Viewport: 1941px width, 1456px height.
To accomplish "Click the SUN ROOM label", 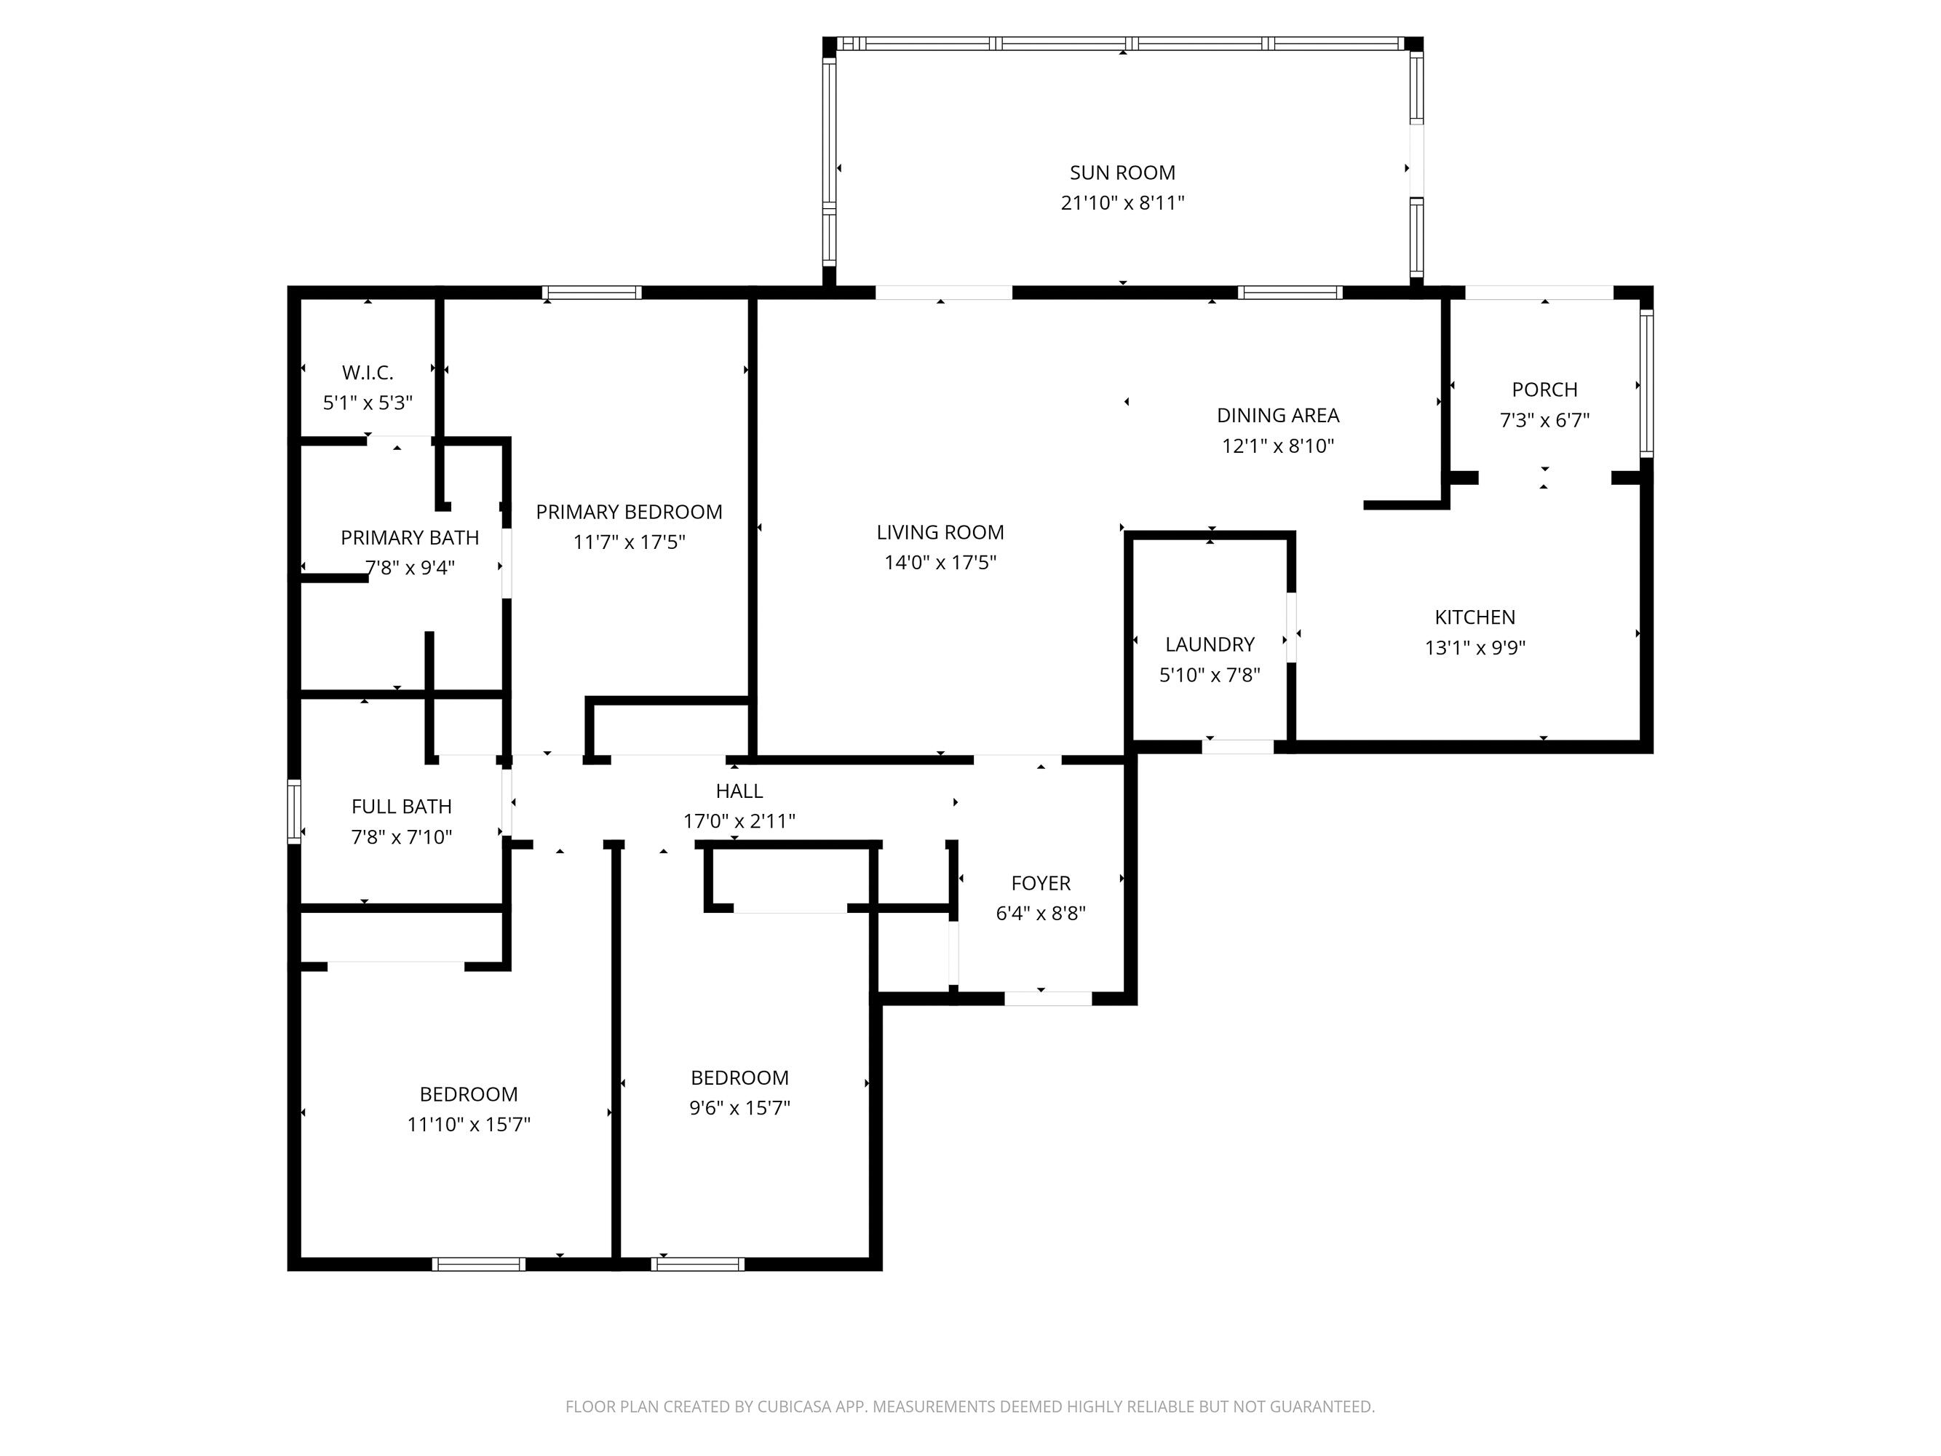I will pyautogui.click(x=1122, y=173).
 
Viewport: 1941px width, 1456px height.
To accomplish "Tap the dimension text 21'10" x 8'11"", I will pyautogui.click(x=1122, y=202).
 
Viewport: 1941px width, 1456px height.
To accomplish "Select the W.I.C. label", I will pyautogui.click(x=367, y=372).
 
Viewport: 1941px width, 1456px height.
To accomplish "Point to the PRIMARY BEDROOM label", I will pyautogui.click(x=628, y=512).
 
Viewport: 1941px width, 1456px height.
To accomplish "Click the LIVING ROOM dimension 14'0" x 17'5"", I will pyautogui.click(x=939, y=563).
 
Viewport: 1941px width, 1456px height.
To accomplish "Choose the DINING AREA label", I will pyautogui.click(x=1277, y=415).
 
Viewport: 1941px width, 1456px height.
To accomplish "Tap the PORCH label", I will pyautogui.click(x=1544, y=389).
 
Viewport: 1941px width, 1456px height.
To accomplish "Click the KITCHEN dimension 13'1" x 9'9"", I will pyautogui.click(x=1474, y=648).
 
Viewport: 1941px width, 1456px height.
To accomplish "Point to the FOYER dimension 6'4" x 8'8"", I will pyautogui.click(x=1040, y=914).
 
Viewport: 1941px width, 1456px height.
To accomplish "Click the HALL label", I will pyautogui.click(x=739, y=791).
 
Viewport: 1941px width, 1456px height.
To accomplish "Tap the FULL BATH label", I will pyautogui.click(x=401, y=807).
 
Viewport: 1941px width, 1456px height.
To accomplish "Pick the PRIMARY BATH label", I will pyautogui.click(x=409, y=537).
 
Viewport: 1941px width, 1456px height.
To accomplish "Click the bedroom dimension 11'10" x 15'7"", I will pyautogui.click(x=468, y=1124).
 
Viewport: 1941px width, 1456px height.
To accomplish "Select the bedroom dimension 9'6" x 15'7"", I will pyautogui.click(x=739, y=1107).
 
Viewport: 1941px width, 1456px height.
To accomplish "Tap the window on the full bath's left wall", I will pyautogui.click(x=294, y=812).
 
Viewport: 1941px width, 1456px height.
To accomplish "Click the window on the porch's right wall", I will pyautogui.click(x=1646, y=384).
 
